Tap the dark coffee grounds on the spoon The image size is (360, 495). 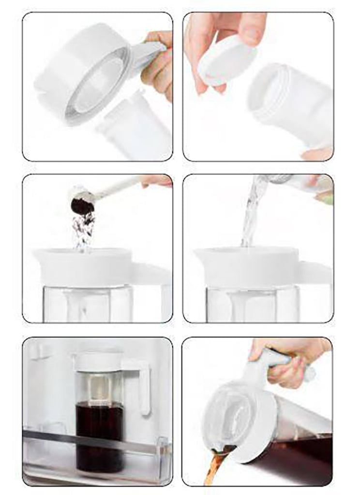[x=82, y=205]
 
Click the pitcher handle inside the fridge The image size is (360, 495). [x=144, y=387]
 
